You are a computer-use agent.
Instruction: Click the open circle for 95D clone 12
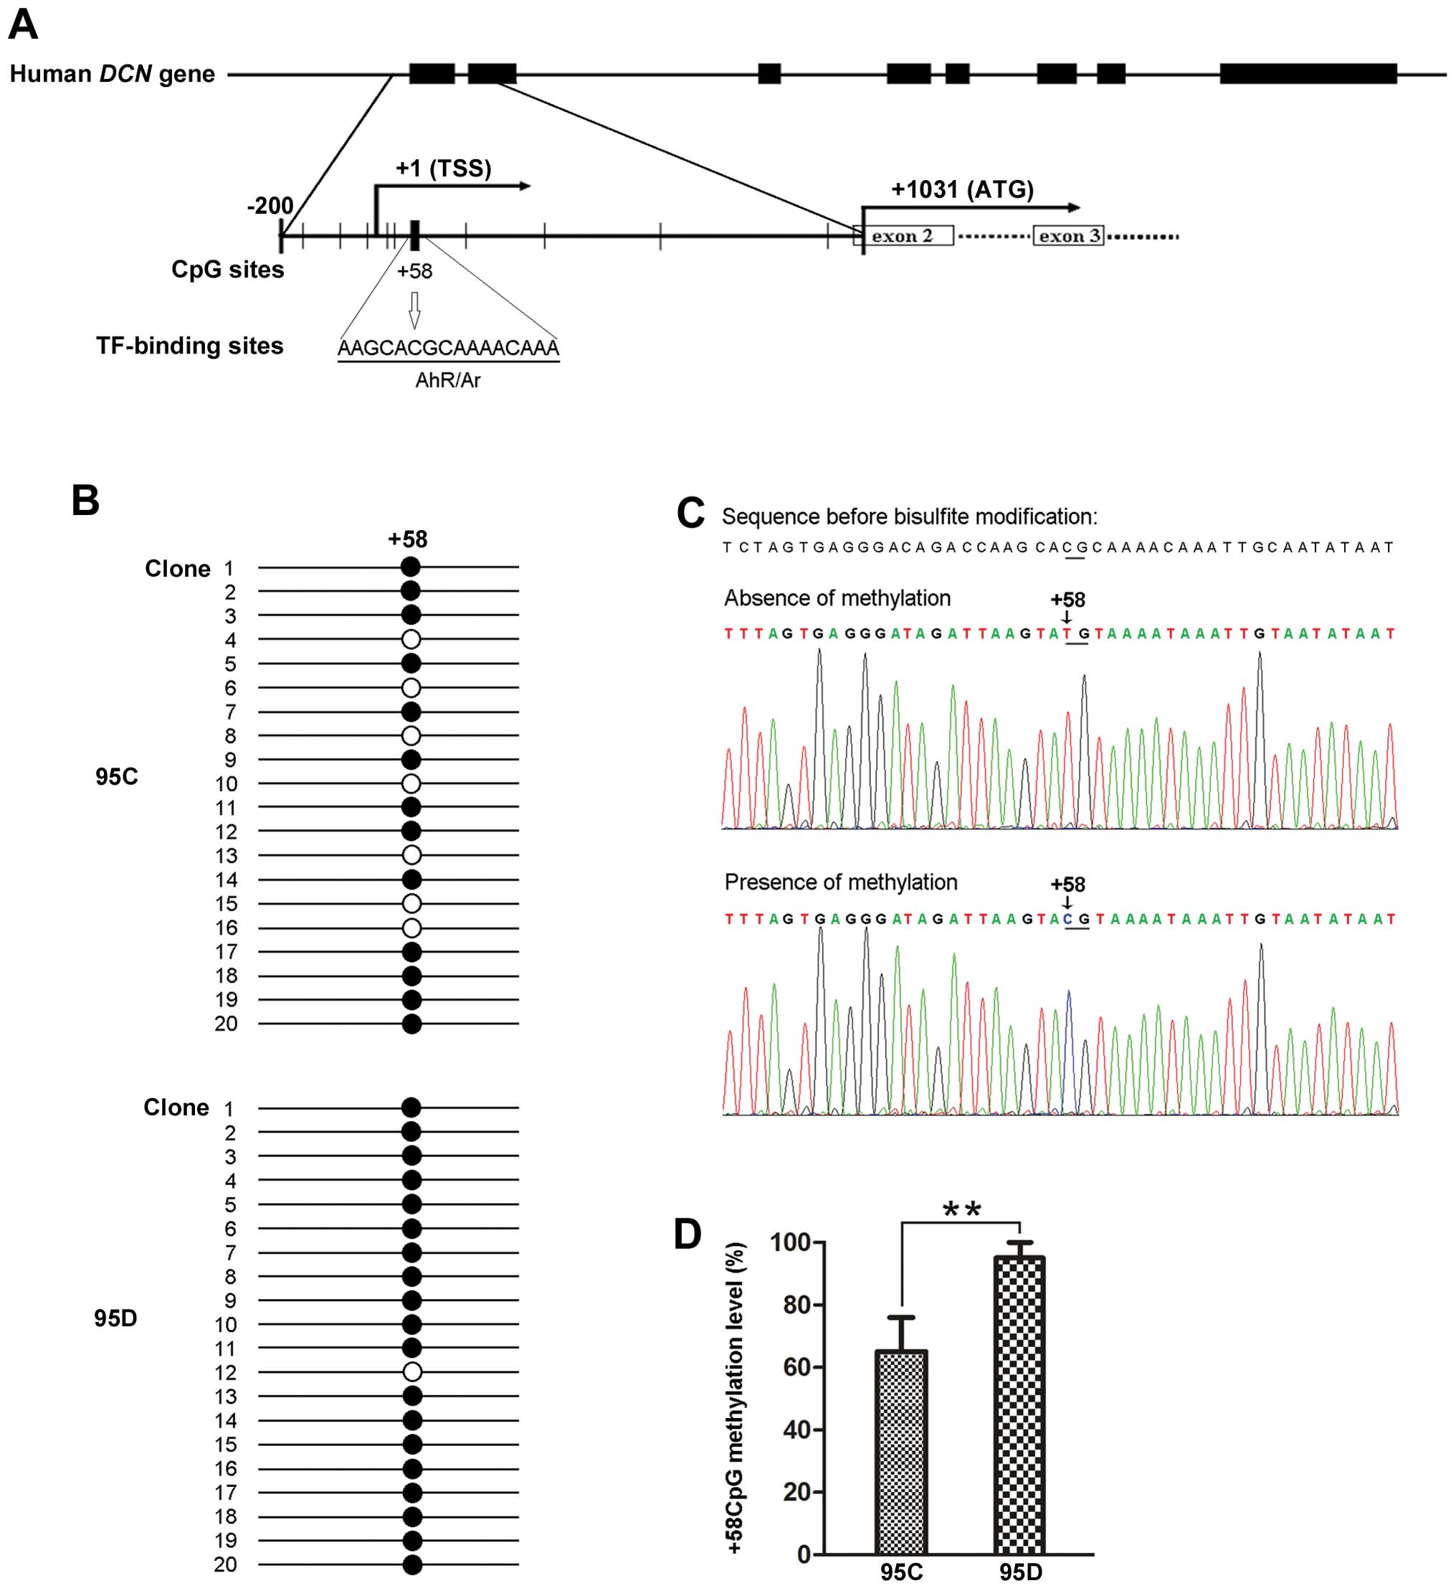pos(411,1372)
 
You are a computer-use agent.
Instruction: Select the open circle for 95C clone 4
pos(411,639)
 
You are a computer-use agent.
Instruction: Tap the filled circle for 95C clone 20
pos(411,1024)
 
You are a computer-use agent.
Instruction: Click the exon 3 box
pos(1068,236)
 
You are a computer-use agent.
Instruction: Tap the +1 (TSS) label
pos(443,168)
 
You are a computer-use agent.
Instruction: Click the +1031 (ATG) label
pos(962,189)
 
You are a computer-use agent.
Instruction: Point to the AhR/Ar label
pos(448,381)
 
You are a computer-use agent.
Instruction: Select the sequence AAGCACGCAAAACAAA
pos(448,348)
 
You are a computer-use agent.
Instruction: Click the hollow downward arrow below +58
pos(414,310)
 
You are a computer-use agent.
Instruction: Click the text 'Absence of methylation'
pos(837,598)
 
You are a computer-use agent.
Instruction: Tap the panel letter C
pos(690,513)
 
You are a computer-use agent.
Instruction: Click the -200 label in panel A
pos(270,206)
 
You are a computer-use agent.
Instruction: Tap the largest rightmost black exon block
pos(1308,75)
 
